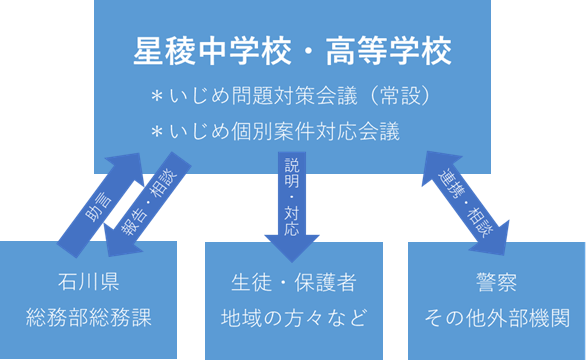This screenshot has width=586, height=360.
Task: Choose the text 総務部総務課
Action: pyautogui.click(x=89, y=319)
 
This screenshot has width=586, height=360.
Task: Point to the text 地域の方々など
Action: pyautogui.click(x=292, y=319)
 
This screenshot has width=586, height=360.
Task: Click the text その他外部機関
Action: pyautogui.click(x=497, y=319)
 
